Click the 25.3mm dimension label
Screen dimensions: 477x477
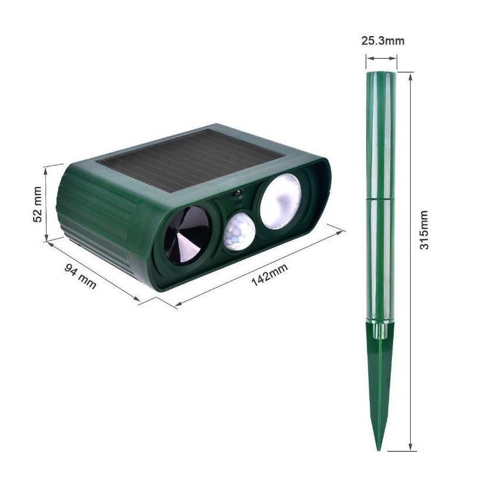(382, 41)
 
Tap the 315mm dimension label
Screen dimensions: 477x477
(425, 230)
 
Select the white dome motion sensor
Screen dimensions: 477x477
(239, 231)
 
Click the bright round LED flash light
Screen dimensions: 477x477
(280, 201)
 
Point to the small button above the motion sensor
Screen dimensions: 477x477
(238, 195)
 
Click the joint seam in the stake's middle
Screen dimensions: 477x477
(381, 197)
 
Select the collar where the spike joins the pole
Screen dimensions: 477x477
(380, 330)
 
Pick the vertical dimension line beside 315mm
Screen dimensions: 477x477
(411, 262)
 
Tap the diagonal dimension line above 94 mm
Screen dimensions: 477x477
(93, 269)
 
